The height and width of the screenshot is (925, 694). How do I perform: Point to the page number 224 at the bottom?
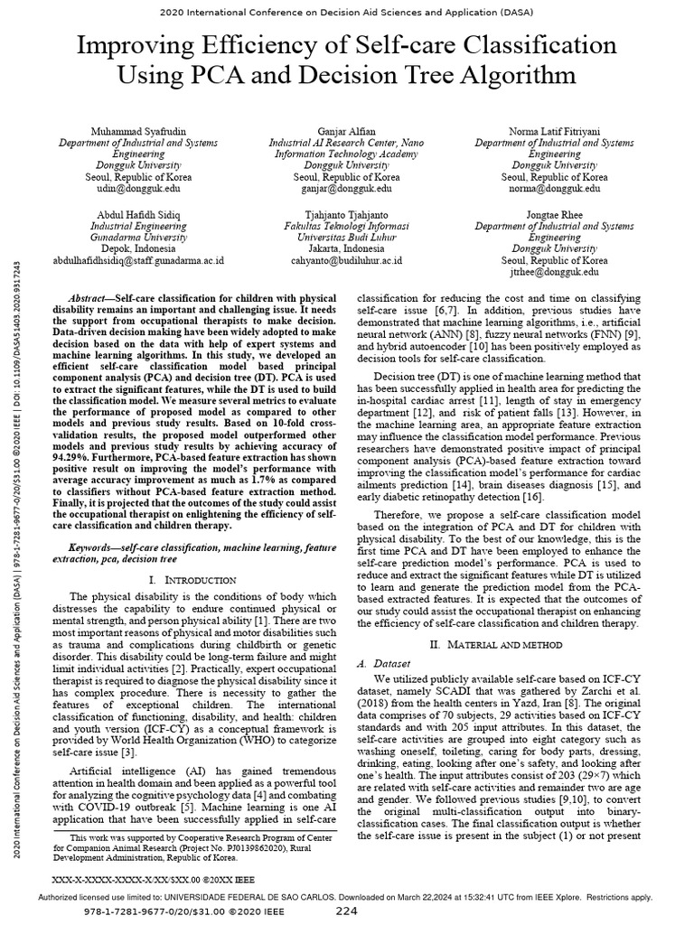point(347,911)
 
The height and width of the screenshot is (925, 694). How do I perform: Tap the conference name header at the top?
point(347,14)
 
